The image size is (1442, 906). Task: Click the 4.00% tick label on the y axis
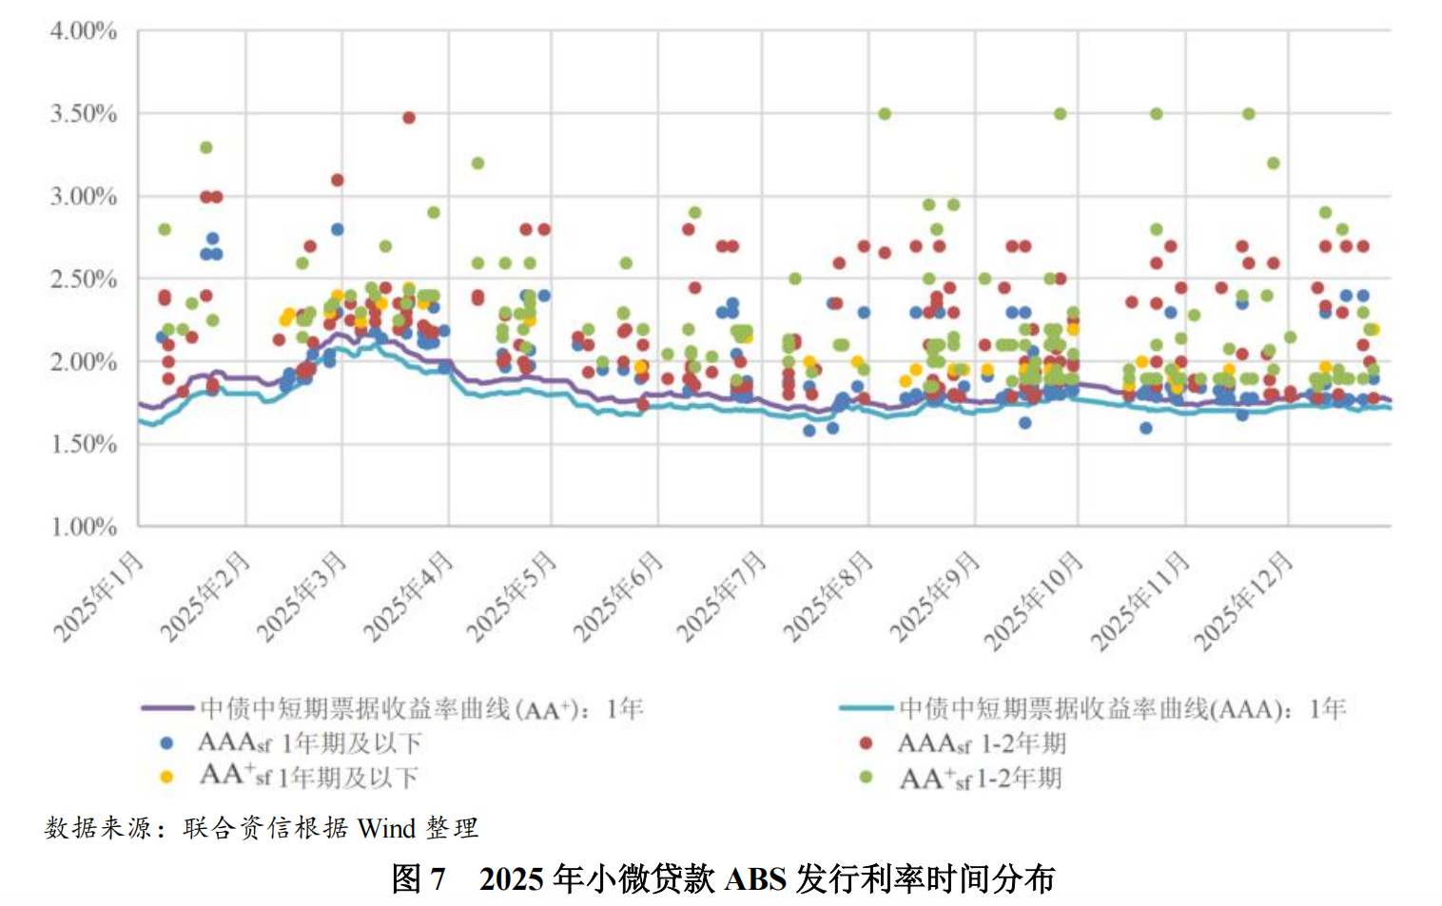[x=84, y=31]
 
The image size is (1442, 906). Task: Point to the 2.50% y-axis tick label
[x=84, y=280]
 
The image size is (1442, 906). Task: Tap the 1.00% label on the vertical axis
[x=84, y=527]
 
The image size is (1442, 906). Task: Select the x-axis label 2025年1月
[x=99, y=596]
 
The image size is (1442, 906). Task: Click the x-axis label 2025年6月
[x=618, y=596]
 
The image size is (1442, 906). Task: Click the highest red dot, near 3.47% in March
[x=409, y=118]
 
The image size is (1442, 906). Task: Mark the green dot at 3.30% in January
[x=205, y=147]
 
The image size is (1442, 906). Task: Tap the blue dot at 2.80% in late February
[x=337, y=229]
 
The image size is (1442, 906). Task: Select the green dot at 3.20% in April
[x=477, y=164]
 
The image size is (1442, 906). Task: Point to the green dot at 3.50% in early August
[x=885, y=114]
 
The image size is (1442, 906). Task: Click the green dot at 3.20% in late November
[x=1273, y=164]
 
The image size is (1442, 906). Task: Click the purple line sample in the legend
[x=168, y=708]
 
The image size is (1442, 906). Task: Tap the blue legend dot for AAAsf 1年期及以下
[x=167, y=743]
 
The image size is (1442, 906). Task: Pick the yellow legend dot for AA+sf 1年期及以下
[x=167, y=778]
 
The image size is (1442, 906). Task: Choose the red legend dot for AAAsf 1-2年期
[x=866, y=743]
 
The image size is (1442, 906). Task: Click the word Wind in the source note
[x=386, y=828]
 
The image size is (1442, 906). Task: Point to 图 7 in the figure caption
[x=419, y=878]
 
